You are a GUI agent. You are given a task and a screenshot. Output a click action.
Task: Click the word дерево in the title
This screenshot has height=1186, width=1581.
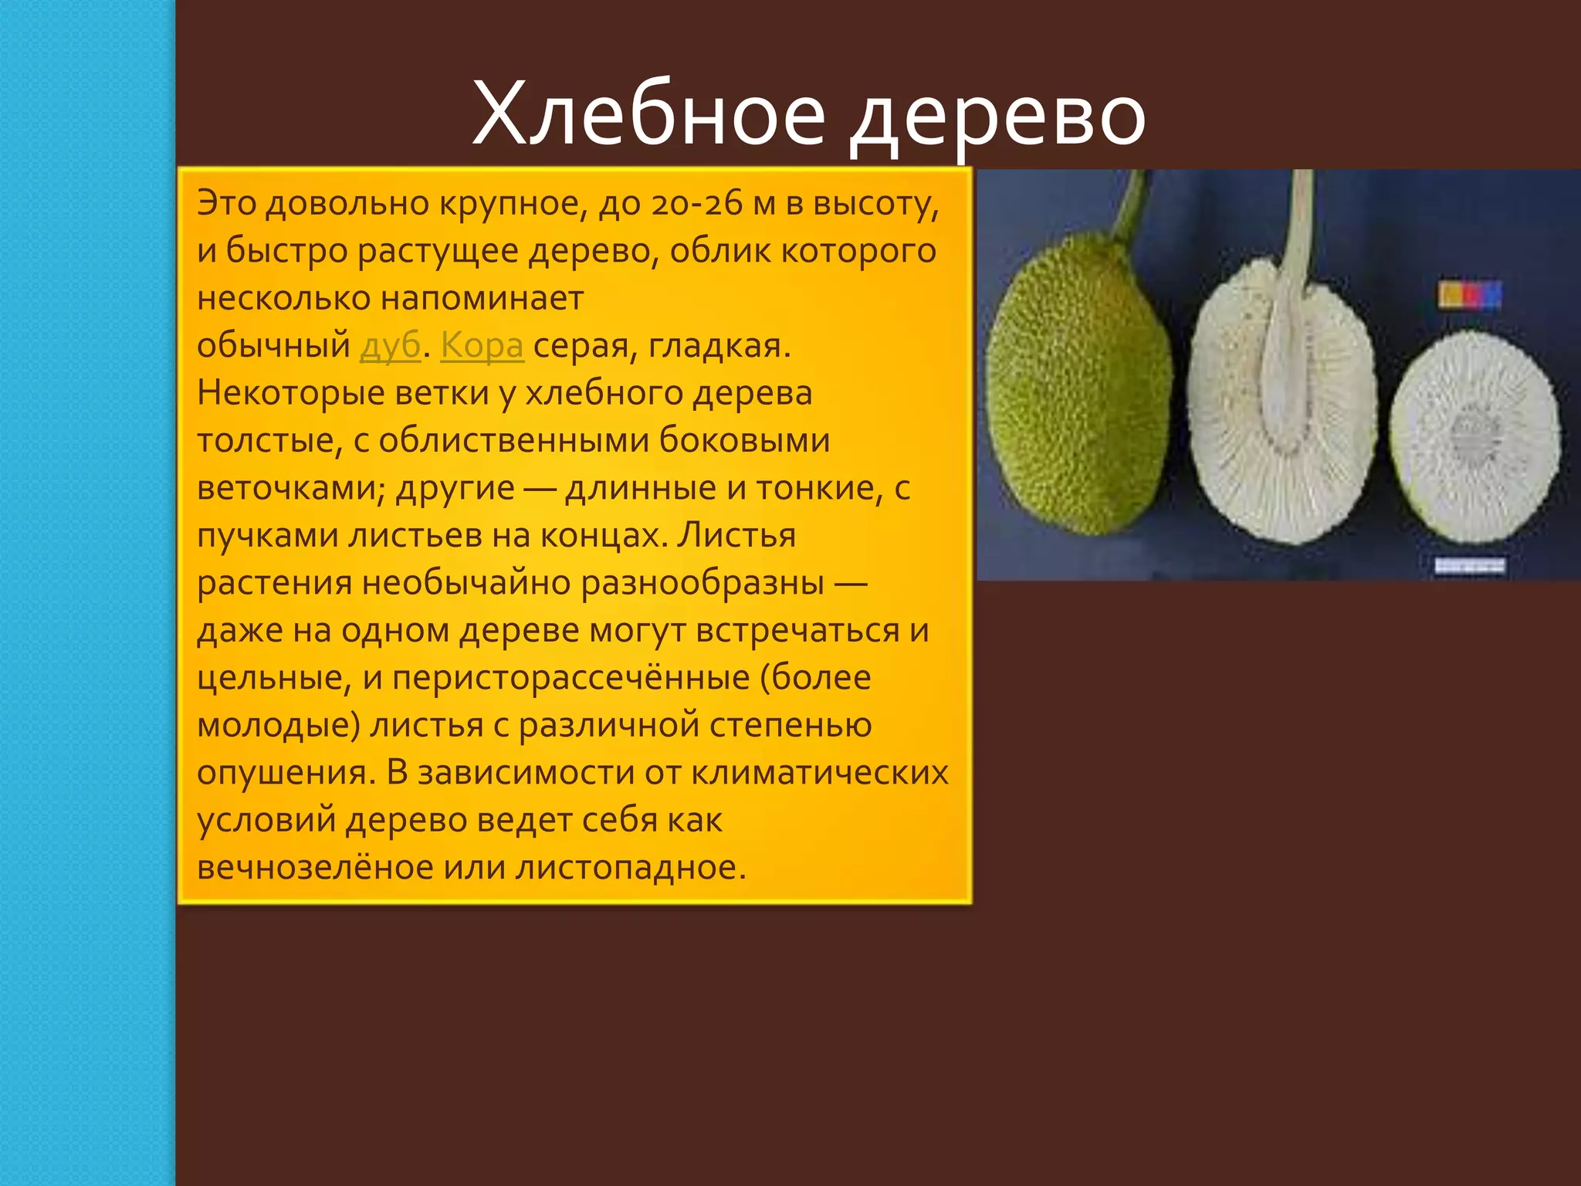pyautogui.click(x=997, y=116)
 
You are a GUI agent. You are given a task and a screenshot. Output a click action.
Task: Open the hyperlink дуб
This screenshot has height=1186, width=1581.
pyautogui.click(x=390, y=345)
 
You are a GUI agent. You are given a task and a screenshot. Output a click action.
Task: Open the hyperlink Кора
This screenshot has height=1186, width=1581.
pyautogui.click(x=482, y=345)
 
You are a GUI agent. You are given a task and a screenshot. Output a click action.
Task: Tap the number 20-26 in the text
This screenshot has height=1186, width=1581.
pyautogui.click(x=696, y=204)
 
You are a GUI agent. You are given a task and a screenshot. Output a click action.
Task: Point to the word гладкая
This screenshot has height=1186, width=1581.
pyautogui.click(x=719, y=346)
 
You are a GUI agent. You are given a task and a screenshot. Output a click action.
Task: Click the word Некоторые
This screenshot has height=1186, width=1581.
pyautogui.click(x=291, y=393)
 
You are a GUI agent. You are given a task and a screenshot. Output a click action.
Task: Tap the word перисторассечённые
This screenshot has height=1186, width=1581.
pyautogui.click(x=571, y=678)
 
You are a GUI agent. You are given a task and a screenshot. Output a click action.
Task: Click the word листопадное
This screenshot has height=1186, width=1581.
pyautogui.click(x=631, y=867)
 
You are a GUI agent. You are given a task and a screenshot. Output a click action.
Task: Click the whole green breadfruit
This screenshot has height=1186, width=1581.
pyautogui.click(x=1077, y=386)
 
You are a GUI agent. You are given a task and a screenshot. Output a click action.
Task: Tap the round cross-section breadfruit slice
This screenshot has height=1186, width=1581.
pyautogui.click(x=1474, y=436)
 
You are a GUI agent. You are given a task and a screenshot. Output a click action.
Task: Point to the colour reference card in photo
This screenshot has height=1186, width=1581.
pyautogui.click(x=1470, y=295)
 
